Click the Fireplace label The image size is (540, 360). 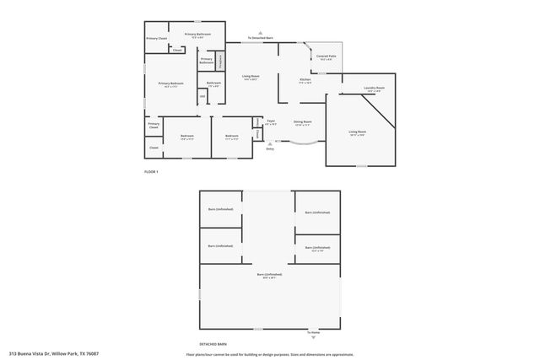click(x=220, y=61)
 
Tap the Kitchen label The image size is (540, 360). click(x=305, y=81)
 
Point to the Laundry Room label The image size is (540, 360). click(x=375, y=89)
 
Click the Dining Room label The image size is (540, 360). click(x=302, y=122)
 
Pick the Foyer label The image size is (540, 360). click(x=271, y=122)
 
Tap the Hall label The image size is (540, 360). click(x=202, y=96)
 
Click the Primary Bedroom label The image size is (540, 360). click(x=170, y=83)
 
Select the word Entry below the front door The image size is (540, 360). click(x=270, y=148)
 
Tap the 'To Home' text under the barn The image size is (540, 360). click(x=314, y=332)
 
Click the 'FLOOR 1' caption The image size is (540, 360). click(x=151, y=172)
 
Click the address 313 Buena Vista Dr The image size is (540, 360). click(x=54, y=353)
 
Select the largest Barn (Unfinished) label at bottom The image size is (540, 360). click(x=269, y=276)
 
